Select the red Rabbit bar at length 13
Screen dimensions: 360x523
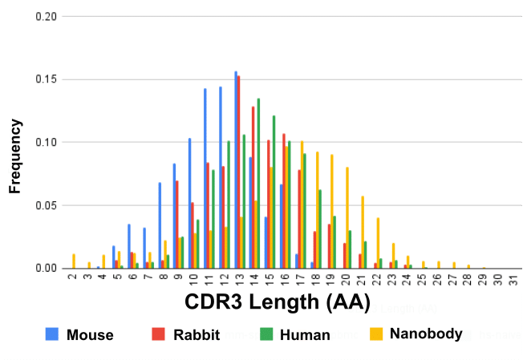click(x=239, y=172)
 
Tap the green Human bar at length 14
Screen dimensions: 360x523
click(x=258, y=184)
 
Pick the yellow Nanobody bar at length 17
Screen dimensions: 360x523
click(x=302, y=204)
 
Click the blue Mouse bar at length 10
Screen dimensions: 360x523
click(x=189, y=204)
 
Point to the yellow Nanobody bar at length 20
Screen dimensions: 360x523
click(x=347, y=217)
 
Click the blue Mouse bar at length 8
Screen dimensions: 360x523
click(x=160, y=225)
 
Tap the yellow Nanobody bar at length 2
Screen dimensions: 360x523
click(x=74, y=261)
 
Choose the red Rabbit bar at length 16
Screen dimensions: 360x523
click(x=284, y=201)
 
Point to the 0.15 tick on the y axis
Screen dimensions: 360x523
click(x=46, y=79)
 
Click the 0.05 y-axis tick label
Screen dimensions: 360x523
click(x=46, y=205)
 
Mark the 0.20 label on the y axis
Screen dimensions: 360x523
click(x=46, y=17)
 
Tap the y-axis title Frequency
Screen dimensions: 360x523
click(x=15, y=156)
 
